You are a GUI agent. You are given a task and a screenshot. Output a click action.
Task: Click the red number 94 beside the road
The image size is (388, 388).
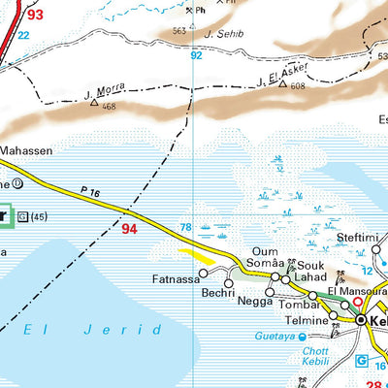tap(129, 230)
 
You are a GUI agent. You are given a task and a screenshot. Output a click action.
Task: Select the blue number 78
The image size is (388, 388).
tap(184, 227)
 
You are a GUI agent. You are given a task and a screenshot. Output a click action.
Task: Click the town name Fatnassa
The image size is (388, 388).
tap(176, 280)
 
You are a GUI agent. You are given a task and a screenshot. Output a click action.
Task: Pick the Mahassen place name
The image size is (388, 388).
tap(26, 151)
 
